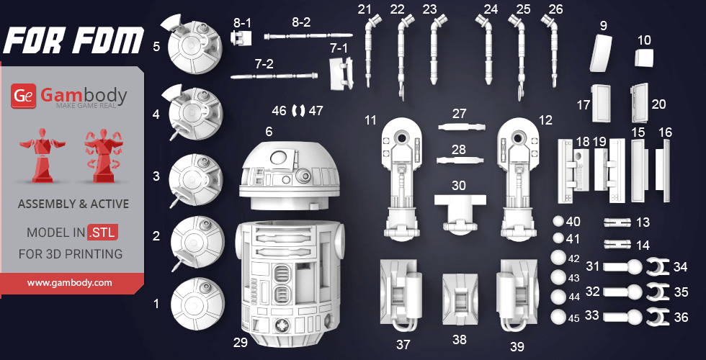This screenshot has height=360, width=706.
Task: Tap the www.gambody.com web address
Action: coord(70,283)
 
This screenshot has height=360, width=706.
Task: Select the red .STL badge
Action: coord(103,233)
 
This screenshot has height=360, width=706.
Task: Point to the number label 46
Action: coord(279,111)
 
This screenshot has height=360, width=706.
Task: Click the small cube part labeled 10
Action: coord(645,57)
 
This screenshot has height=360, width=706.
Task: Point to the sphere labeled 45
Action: coord(558,316)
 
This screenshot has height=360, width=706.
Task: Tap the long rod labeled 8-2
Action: coord(308,35)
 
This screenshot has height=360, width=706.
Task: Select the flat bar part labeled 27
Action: coord(460,127)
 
